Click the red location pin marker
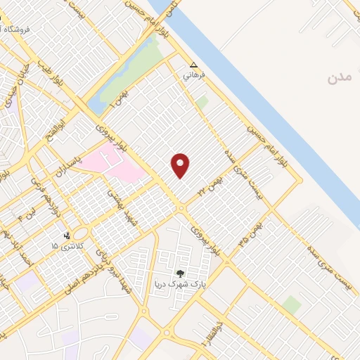click(x=181, y=165)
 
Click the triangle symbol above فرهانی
click(x=194, y=64)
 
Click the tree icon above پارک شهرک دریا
click(x=181, y=274)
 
